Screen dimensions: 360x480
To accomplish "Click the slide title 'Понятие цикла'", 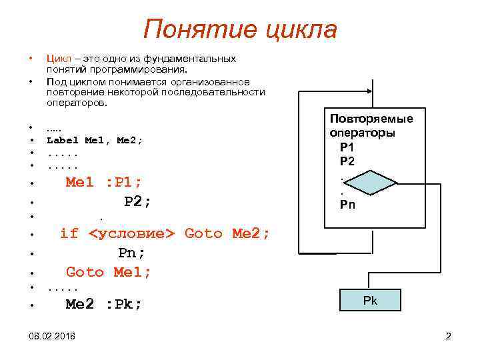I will point(240,30).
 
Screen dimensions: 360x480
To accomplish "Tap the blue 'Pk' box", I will point(370,301).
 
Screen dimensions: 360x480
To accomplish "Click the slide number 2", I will point(449,337).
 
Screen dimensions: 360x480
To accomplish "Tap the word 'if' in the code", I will point(69,233).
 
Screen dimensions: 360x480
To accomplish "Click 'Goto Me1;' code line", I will point(109,272).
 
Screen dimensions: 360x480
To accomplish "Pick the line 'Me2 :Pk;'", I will point(103,304).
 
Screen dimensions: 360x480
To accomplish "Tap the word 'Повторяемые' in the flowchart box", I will point(371,119).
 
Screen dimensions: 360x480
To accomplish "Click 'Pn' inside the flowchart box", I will point(348,205).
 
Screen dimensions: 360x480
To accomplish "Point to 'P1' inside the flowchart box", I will point(347,147).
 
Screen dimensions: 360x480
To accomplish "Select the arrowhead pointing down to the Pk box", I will point(371,285).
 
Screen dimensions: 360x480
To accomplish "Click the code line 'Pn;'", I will point(131,253).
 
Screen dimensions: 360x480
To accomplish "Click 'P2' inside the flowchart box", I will point(347,161).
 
